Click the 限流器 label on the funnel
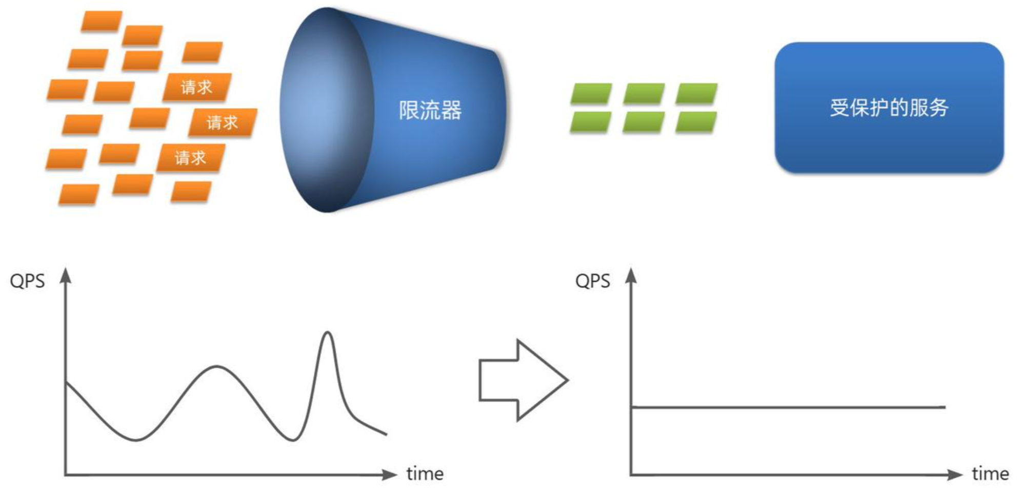(430, 110)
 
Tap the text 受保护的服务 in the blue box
(889, 108)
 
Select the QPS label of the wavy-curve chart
(27, 281)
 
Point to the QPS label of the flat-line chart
(592, 281)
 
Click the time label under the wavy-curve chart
(425, 474)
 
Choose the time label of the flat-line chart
(990, 474)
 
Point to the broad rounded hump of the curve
(217, 367)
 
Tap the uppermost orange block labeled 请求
(197, 87)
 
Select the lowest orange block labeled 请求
(190, 157)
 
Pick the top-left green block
(591, 94)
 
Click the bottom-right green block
(696, 122)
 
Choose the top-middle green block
(644, 94)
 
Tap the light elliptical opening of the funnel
(323, 110)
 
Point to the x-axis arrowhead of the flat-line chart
(954, 475)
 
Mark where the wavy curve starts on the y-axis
(67, 382)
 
